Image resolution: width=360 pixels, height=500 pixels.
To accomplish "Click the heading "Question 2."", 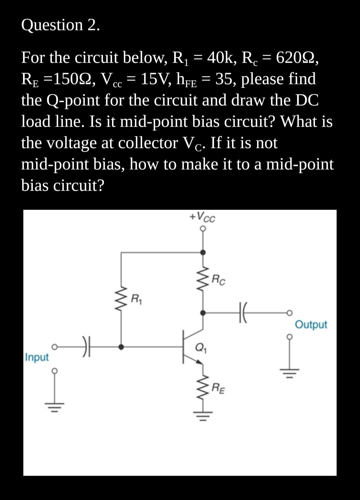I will (x=60, y=25).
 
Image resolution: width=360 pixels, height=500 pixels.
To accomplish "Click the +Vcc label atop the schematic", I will (x=202, y=217).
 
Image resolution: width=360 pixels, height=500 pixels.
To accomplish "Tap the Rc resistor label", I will (x=219, y=280).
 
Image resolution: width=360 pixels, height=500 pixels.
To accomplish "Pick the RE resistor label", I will (x=218, y=388).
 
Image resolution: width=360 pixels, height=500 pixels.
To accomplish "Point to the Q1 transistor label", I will (x=200, y=347).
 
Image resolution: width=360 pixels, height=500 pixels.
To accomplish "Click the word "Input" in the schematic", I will (x=37, y=357).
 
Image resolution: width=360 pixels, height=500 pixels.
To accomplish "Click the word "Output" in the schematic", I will (x=311, y=324).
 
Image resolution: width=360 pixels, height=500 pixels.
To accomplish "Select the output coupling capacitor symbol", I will (x=242, y=313).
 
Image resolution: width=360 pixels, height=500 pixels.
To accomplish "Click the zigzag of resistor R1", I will (x=121, y=299).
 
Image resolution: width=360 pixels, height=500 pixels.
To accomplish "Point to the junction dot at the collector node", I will (x=203, y=313).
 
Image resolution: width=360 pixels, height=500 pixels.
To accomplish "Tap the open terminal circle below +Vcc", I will (x=203, y=229).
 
